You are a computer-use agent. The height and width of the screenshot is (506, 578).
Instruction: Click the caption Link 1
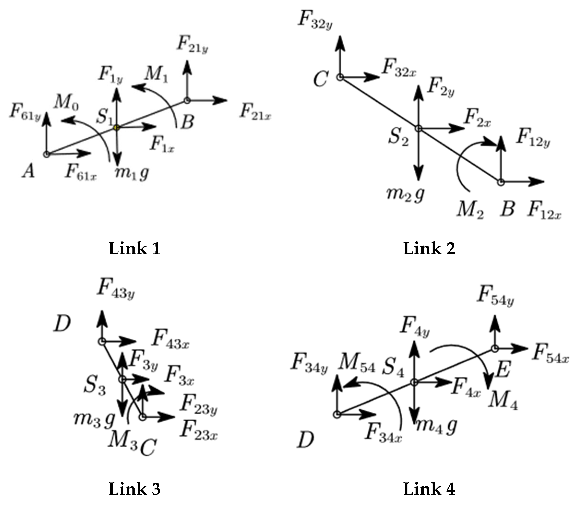[134, 248]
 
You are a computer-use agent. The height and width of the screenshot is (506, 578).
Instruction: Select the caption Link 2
[429, 248]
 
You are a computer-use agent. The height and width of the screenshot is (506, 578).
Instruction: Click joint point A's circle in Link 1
[47, 154]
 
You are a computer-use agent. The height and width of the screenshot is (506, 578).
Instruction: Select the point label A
[29, 171]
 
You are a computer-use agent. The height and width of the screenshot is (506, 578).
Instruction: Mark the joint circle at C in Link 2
[340, 77]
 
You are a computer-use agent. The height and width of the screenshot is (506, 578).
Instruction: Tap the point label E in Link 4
[504, 370]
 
